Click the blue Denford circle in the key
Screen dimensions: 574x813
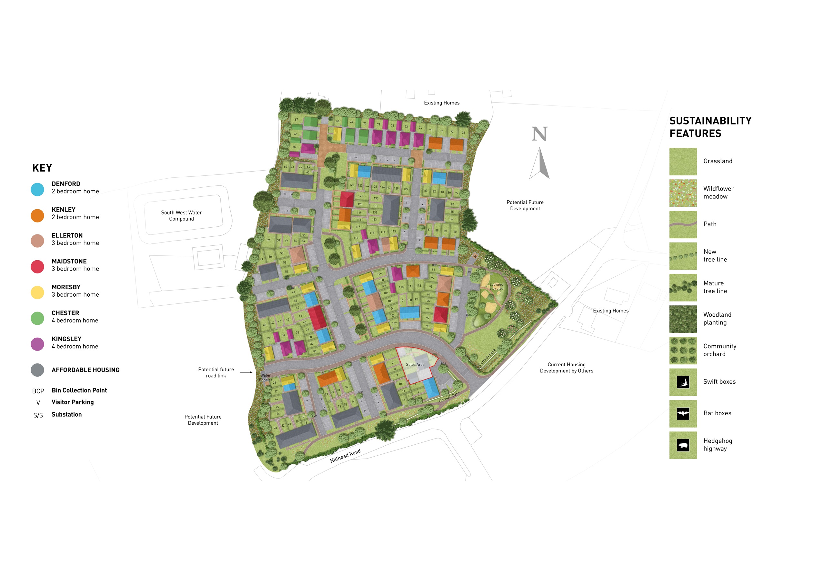point(37,189)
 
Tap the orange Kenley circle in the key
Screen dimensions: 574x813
point(37,215)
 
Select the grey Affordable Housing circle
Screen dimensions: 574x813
point(37,370)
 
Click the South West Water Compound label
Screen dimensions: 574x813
point(181,215)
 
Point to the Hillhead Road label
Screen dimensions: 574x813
point(345,456)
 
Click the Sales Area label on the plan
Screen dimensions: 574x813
point(415,364)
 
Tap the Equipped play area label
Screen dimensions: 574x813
point(496,286)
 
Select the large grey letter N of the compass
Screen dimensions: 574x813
point(539,134)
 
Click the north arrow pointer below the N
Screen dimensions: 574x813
point(540,163)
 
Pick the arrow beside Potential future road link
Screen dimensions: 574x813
point(246,372)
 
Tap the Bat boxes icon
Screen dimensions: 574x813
point(683,414)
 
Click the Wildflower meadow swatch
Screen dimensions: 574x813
point(683,193)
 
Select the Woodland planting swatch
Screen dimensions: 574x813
point(683,319)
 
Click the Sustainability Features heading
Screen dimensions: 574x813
point(710,127)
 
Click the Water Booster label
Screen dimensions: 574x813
point(266,378)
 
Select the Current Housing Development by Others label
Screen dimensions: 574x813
point(566,368)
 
